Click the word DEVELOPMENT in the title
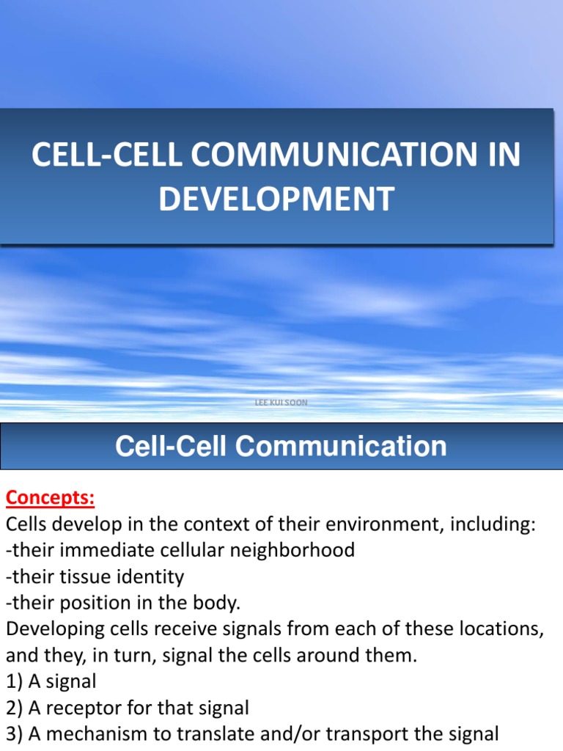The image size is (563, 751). click(x=276, y=199)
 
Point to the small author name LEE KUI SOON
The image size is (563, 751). click(x=281, y=403)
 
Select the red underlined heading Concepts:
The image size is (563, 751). click(x=50, y=498)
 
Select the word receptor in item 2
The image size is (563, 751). click(x=81, y=708)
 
